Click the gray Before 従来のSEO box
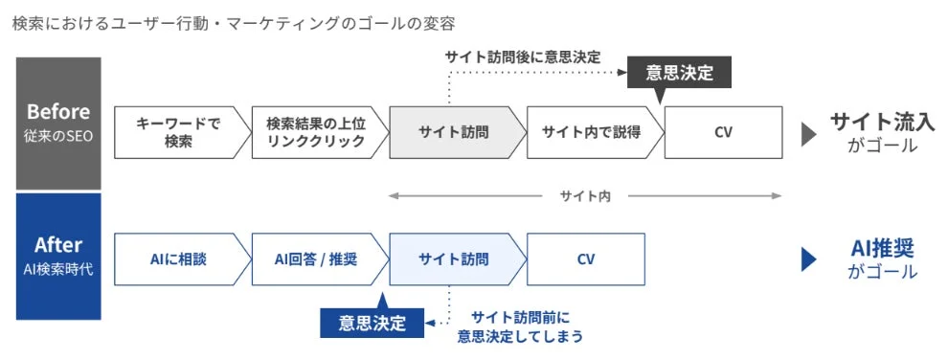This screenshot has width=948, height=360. [58, 123]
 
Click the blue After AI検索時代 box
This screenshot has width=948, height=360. [58, 257]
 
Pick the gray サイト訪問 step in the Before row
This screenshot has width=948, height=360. [454, 132]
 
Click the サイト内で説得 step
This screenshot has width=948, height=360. [591, 132]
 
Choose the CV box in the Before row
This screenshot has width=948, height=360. [723, 132]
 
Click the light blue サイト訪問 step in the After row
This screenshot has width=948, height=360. [454, 259]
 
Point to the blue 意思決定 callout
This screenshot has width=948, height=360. [372, 323]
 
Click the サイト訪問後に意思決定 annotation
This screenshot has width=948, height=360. [523, 56]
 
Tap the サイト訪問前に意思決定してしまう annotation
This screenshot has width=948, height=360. [520, 326]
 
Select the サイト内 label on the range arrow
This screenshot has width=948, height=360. [585, 196]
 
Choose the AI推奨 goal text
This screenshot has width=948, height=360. [882, 248]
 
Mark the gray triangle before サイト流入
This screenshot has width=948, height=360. [808, 134]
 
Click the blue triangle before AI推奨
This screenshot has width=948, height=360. [808, 259]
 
